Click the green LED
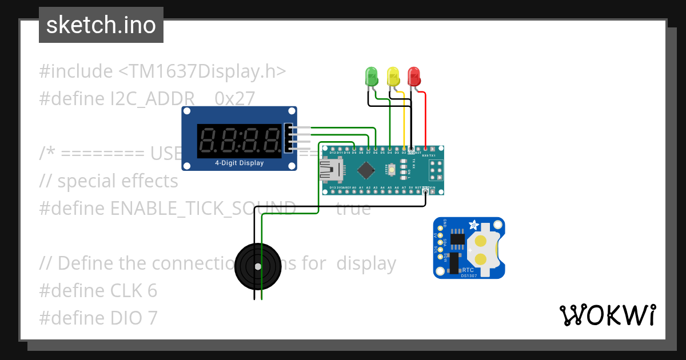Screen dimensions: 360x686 point(372,77)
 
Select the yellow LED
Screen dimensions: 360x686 point(393,77)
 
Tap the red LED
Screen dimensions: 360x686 point(413,77)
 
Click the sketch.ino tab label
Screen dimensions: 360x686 point(101,25)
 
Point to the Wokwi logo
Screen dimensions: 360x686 point(607,315)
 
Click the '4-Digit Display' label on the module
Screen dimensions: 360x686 point(239,163)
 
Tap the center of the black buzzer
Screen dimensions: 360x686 point(258,266)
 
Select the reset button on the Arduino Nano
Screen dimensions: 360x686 point(392,170)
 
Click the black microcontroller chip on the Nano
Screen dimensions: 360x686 point(366,170)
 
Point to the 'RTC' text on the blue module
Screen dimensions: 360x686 point(467,269)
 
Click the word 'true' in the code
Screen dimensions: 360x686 point(353,209)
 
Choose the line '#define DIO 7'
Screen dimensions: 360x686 point(98,318)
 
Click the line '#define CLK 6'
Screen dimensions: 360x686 point(98,291)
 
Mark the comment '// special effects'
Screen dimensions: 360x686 point(109,181)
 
